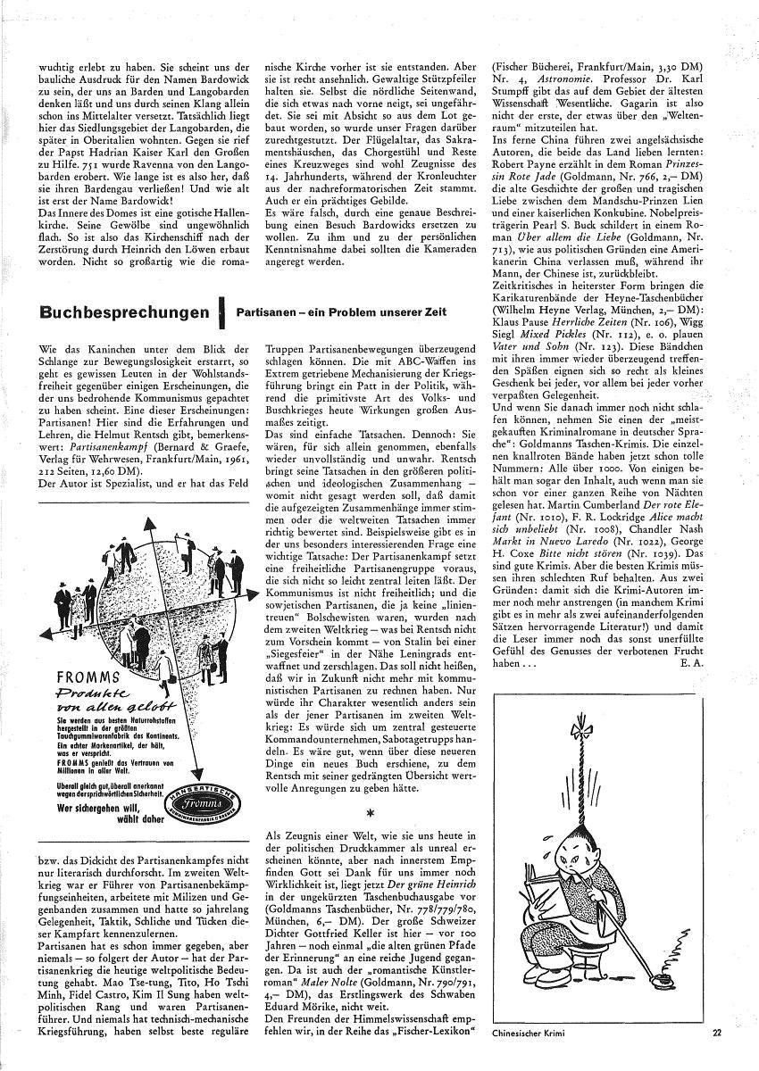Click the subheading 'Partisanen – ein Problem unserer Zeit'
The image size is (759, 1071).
[340, 312]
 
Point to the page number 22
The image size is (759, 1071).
[717, 1034]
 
